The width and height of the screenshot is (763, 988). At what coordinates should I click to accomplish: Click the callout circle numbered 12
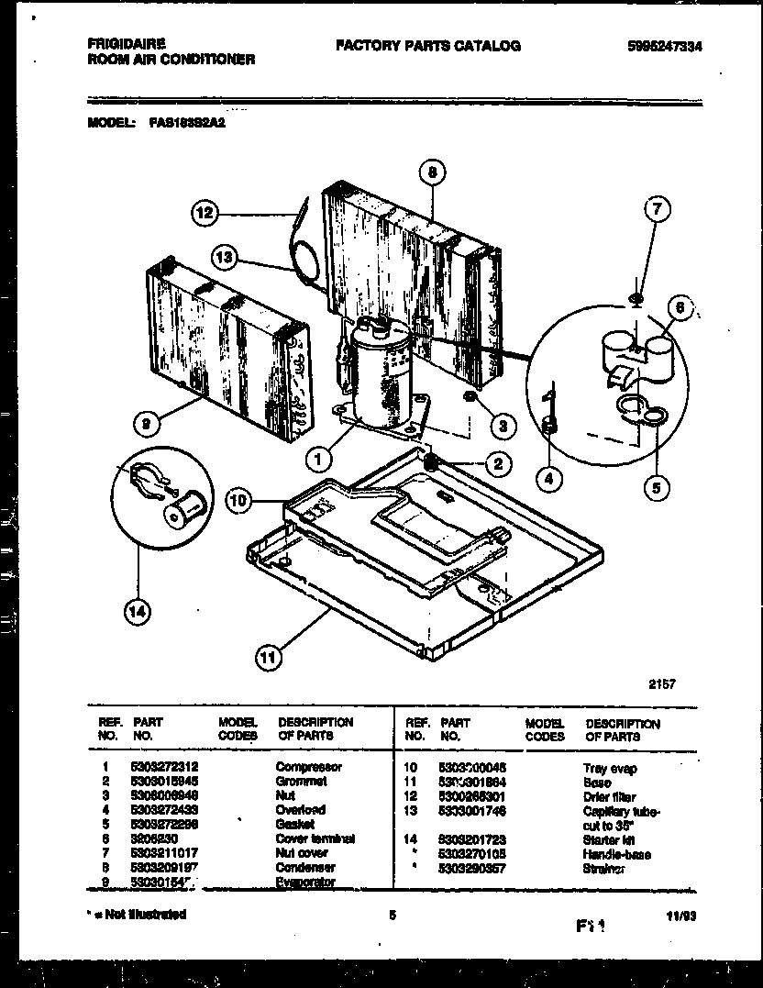click(x=206, y=214)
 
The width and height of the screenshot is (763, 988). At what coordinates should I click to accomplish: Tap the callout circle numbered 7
click(x=657, y=210)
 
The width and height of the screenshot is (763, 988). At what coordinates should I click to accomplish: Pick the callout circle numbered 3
click(x=503, y=425)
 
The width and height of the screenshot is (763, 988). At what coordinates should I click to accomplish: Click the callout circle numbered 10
click(x=240, y=501)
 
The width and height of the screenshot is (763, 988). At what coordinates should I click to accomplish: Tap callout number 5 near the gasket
click(x=656, y=487)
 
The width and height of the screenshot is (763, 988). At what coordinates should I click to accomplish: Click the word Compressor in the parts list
click(x=309, y=767)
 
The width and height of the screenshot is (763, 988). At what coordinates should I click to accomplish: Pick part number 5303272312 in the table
click(x=166, y=767)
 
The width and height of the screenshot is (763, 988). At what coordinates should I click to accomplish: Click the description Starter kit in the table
click(x=609, y=839)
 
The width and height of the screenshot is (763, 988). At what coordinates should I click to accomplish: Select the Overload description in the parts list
click(x=301, y=810)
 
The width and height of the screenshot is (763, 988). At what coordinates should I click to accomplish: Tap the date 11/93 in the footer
click(x=694, y=915)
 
